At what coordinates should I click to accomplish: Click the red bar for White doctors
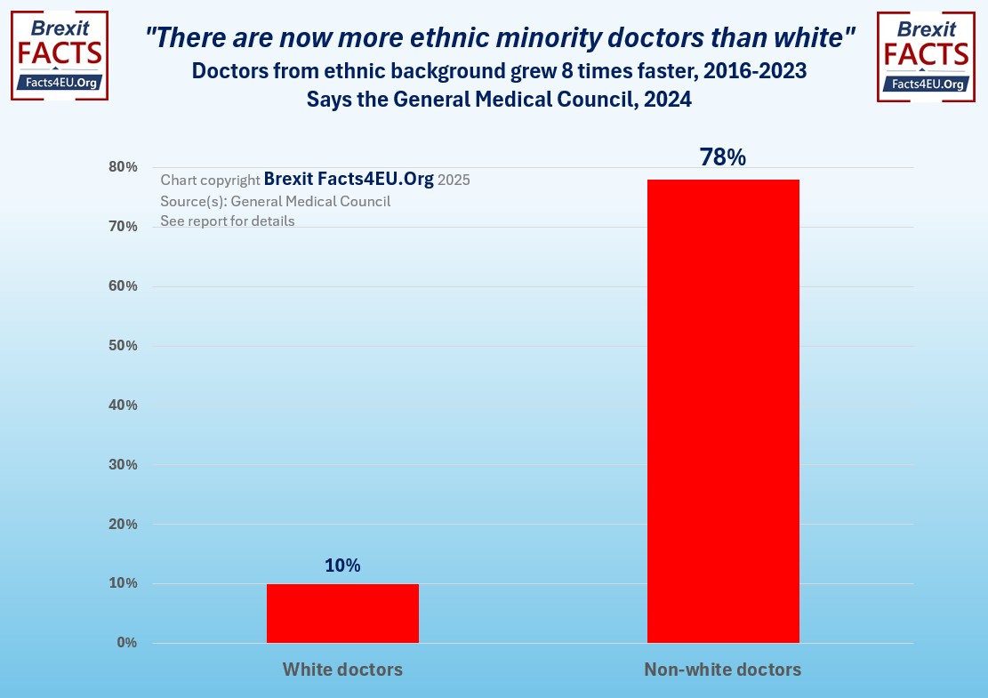click(x=342, y=614)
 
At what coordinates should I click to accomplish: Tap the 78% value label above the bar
click(x=723, y=157)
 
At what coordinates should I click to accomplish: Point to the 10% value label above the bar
click(x=342, y=566)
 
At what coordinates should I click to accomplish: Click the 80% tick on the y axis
click(x=123, y=167)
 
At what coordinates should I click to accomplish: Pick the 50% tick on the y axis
click(x=123, y=346)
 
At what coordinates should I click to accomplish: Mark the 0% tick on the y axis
click(x=126, y=643)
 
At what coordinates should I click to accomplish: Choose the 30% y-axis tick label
click(x=123, y=465)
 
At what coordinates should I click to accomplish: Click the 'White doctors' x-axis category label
click(x=342, y=670)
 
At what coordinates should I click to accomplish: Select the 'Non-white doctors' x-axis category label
click(x=723, y=670)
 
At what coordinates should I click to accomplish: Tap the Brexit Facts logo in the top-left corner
click(x=60, y=55)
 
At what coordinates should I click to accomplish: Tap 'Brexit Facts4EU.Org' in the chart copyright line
click(x=349, y=179)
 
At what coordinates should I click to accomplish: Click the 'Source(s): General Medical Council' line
click(x=276, y=201)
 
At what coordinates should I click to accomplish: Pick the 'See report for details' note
click(x=228, y=221)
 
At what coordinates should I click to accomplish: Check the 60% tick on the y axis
click(x=123, y=286)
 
